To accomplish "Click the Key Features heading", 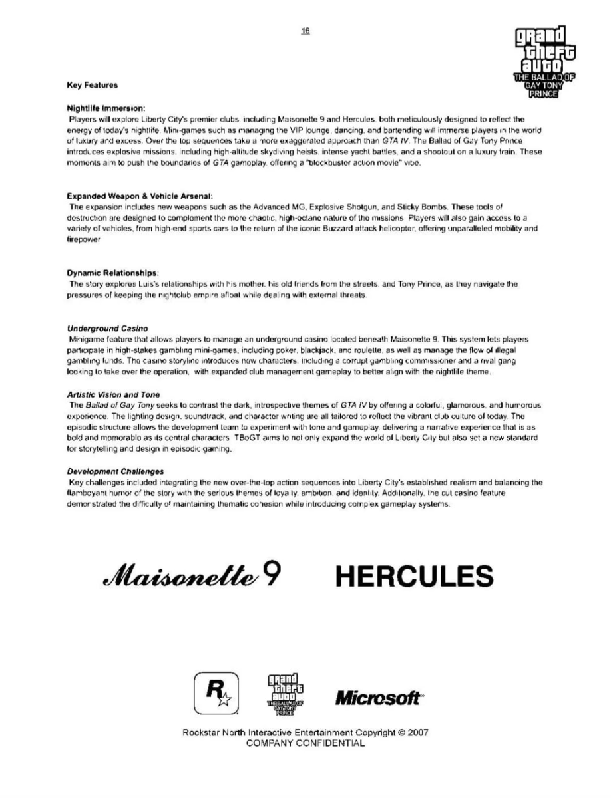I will pyautogui.click(x=93, y=86).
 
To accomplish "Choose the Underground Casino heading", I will pyautogui.click(x=107, y=329).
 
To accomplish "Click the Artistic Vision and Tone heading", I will pyautogui.click(x=114, y=394).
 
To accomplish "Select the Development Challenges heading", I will pyautogui.click(x=116, y=471).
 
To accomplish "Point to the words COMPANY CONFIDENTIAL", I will pyautogui.click(x=305, y=743).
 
